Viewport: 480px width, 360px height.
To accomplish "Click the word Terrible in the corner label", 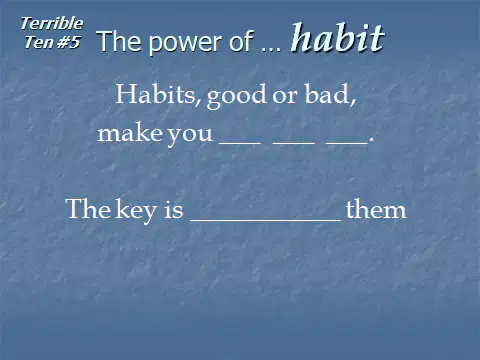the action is click(52, 24).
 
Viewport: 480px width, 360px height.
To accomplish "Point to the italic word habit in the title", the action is click(338, 37).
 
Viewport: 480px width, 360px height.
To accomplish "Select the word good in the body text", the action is click(237, 96).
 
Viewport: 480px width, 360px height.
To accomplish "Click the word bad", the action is click(330, 94).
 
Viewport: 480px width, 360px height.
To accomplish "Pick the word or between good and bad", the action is click(285, 97).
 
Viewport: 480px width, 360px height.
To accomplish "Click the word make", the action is click(130, 133).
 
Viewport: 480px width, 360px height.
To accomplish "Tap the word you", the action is click(190, 136).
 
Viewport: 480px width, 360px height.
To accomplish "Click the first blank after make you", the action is click(240, 144).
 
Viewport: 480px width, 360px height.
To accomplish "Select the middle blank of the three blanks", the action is click(294, 144).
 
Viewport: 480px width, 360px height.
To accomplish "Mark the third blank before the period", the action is click(347, 144).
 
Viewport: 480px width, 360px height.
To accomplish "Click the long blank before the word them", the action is click(265, 220).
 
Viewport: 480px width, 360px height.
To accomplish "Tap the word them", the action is click(376, 210).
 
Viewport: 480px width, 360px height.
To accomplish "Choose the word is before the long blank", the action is click(174, 210).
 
